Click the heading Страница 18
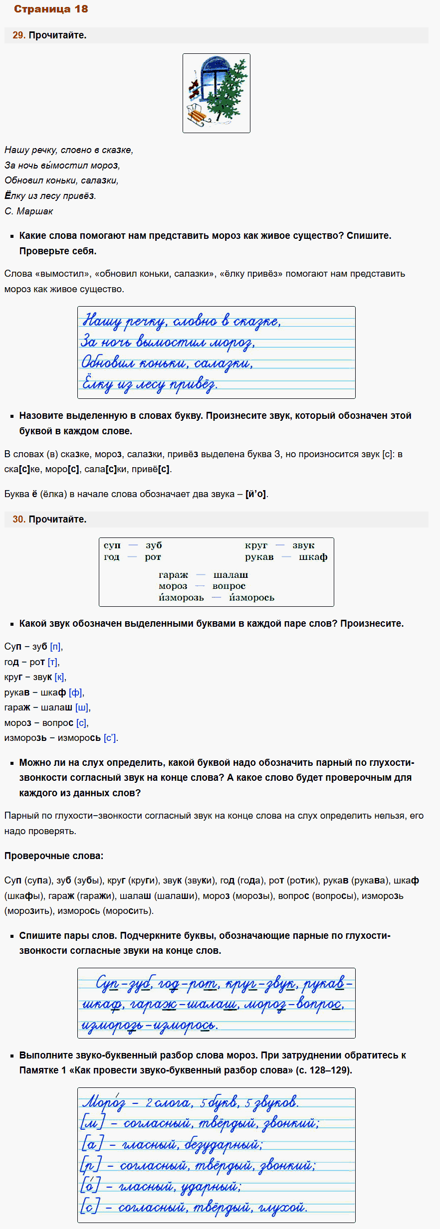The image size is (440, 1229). (x=51, y=9)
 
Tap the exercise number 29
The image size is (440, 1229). (x=18, y=35)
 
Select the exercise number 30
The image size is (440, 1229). (x=18, y=519)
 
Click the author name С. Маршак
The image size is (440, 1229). (x=28, y=211)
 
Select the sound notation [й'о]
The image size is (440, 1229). (x=256, y=494)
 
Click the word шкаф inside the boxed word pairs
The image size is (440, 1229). (x=313, y=557)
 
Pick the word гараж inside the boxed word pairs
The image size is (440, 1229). (x=173, y=575)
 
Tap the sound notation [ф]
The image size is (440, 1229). (x=75, y=693)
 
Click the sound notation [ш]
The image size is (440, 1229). (x=82, y=707)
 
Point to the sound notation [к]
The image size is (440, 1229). (x=59, y=677)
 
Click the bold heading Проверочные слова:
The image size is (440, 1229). (x=54, y=856)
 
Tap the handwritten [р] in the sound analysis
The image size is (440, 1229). (x=91, y=1165)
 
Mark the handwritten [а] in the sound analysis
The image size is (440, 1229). (x=92, y=1144)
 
